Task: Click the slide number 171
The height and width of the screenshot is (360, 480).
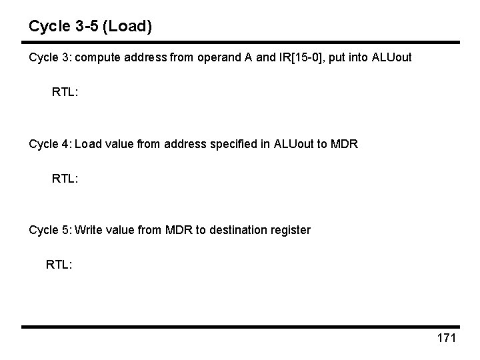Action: tap(446, 338)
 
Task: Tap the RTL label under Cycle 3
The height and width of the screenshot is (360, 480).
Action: tap(65, 92)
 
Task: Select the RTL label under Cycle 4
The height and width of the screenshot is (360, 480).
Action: tap(65, 179)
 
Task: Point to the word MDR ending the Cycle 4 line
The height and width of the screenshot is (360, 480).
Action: tap(345, 144)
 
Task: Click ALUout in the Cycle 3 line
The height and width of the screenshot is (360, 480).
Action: tap(388, 58)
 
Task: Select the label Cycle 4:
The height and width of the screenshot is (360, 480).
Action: tap(50, 144)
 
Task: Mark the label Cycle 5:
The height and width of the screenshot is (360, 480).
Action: tap(50, 230)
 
